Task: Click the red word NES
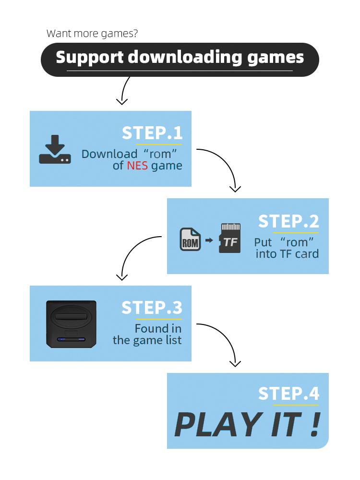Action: (x=137, y=166)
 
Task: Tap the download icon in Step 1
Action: (x=55, y=150)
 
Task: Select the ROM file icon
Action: (x=190, y=239)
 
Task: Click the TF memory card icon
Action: (x=230, y=239)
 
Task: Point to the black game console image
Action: (x=71, y=324)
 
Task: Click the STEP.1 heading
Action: (x=152, y=133)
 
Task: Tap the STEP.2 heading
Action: (x=288, y=221)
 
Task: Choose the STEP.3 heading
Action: (x=152, y=308)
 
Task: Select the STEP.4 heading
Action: (x=288, y=394)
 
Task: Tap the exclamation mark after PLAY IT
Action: (x=314, y=424)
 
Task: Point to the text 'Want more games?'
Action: (x=93, y=34)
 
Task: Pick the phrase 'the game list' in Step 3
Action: (x=147, y=340)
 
